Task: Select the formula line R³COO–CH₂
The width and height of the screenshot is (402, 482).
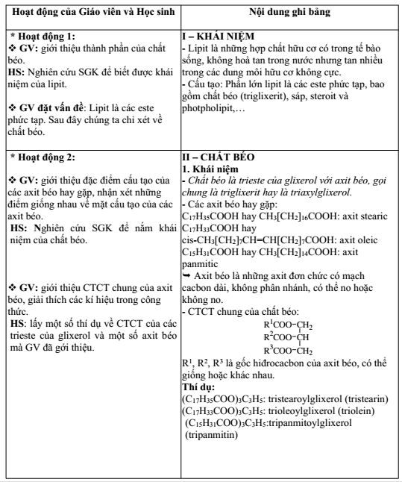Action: (287, 328)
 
